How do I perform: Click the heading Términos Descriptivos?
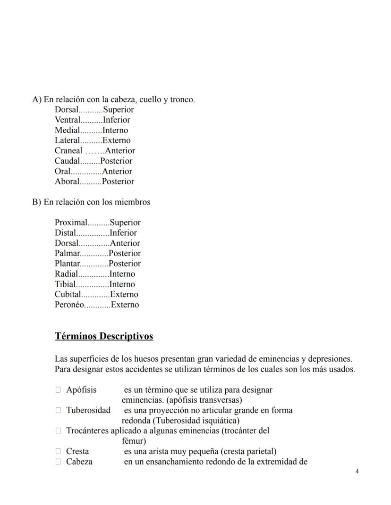point(104,336)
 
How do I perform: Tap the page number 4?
point(357,472)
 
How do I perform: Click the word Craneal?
point(68,151)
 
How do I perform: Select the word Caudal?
point(67,161)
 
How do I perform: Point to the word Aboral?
point(67,182)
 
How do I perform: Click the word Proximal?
point(71,223)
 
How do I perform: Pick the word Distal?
point(65,233)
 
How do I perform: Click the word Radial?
point(66,274)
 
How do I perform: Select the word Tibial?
point(65,284)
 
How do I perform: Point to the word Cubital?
point(68,295)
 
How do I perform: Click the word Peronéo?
point(69,305)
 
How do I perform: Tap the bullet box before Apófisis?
point(58,390)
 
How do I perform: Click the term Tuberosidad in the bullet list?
point(88,410)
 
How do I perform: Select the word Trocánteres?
point(87,430)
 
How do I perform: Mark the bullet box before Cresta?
point(58,451)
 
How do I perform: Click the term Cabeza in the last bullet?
point(79,462)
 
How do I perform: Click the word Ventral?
point(68,120)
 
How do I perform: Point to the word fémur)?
point(134,441)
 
